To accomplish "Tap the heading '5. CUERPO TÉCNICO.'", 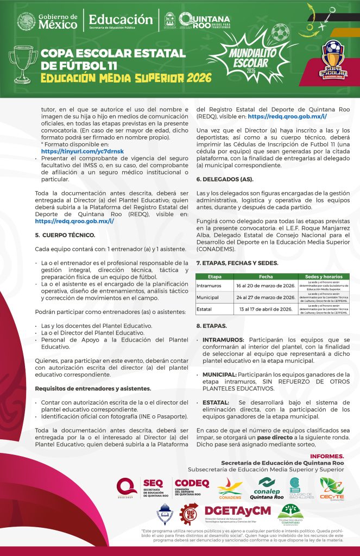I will tap(65, 235).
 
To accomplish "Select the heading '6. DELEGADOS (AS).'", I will tap(224, 179).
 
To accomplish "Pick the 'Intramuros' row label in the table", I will tap(209, 285).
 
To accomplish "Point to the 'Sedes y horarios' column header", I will tap(324, 276).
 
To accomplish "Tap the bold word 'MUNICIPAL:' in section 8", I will tap(219, 375).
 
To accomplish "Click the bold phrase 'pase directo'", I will tap(290, 437).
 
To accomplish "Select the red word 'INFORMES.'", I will tap(327, 456).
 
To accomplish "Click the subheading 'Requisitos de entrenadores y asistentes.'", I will tap(85, 388).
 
